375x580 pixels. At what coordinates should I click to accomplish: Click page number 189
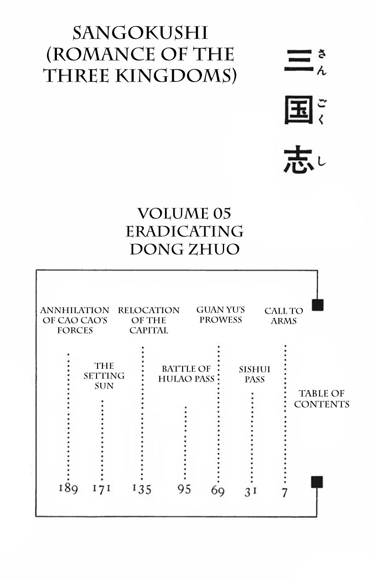tap(68, 489)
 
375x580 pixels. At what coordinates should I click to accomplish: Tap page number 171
tap(101, 489)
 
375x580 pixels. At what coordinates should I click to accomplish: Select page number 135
tap(142, 489)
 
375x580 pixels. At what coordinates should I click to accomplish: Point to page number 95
tap(184, 489)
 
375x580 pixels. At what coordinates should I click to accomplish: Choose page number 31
tap(251, 491)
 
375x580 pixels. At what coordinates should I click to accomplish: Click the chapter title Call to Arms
tap(284, 316)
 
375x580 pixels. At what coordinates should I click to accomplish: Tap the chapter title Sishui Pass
tap(255, 374)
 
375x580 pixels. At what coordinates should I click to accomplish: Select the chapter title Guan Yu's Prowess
tap(221, 315)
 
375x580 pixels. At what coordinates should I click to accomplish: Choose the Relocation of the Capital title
tap(149, 320)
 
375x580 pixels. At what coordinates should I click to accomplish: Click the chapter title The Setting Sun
tap(104, 376)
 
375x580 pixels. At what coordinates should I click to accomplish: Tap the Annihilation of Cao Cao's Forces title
tap(75, 320)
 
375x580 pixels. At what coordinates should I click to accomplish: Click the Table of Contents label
tap(322, 399)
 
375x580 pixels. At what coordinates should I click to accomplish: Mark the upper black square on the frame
tap(318, 305)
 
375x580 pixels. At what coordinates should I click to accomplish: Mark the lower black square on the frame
tap(317, 482)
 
